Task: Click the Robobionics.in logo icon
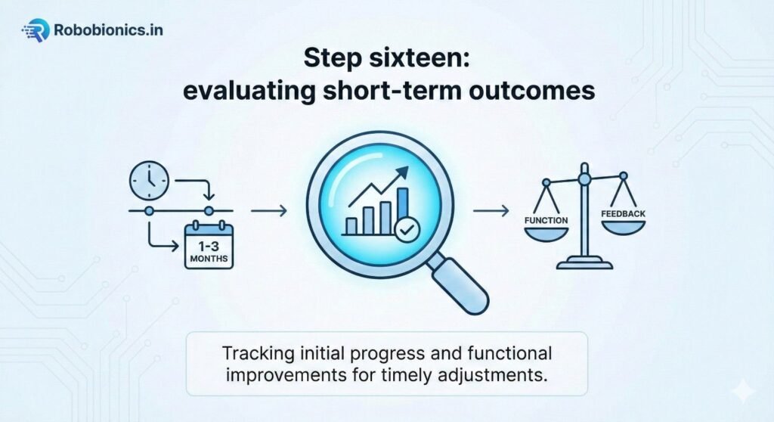[x=34, y=30]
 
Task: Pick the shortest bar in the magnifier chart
[x=351, y=225]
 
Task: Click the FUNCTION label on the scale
[x=546, y=220]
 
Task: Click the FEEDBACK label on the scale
[x=623, y=214]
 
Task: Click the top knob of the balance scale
[x=584, y=178]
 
